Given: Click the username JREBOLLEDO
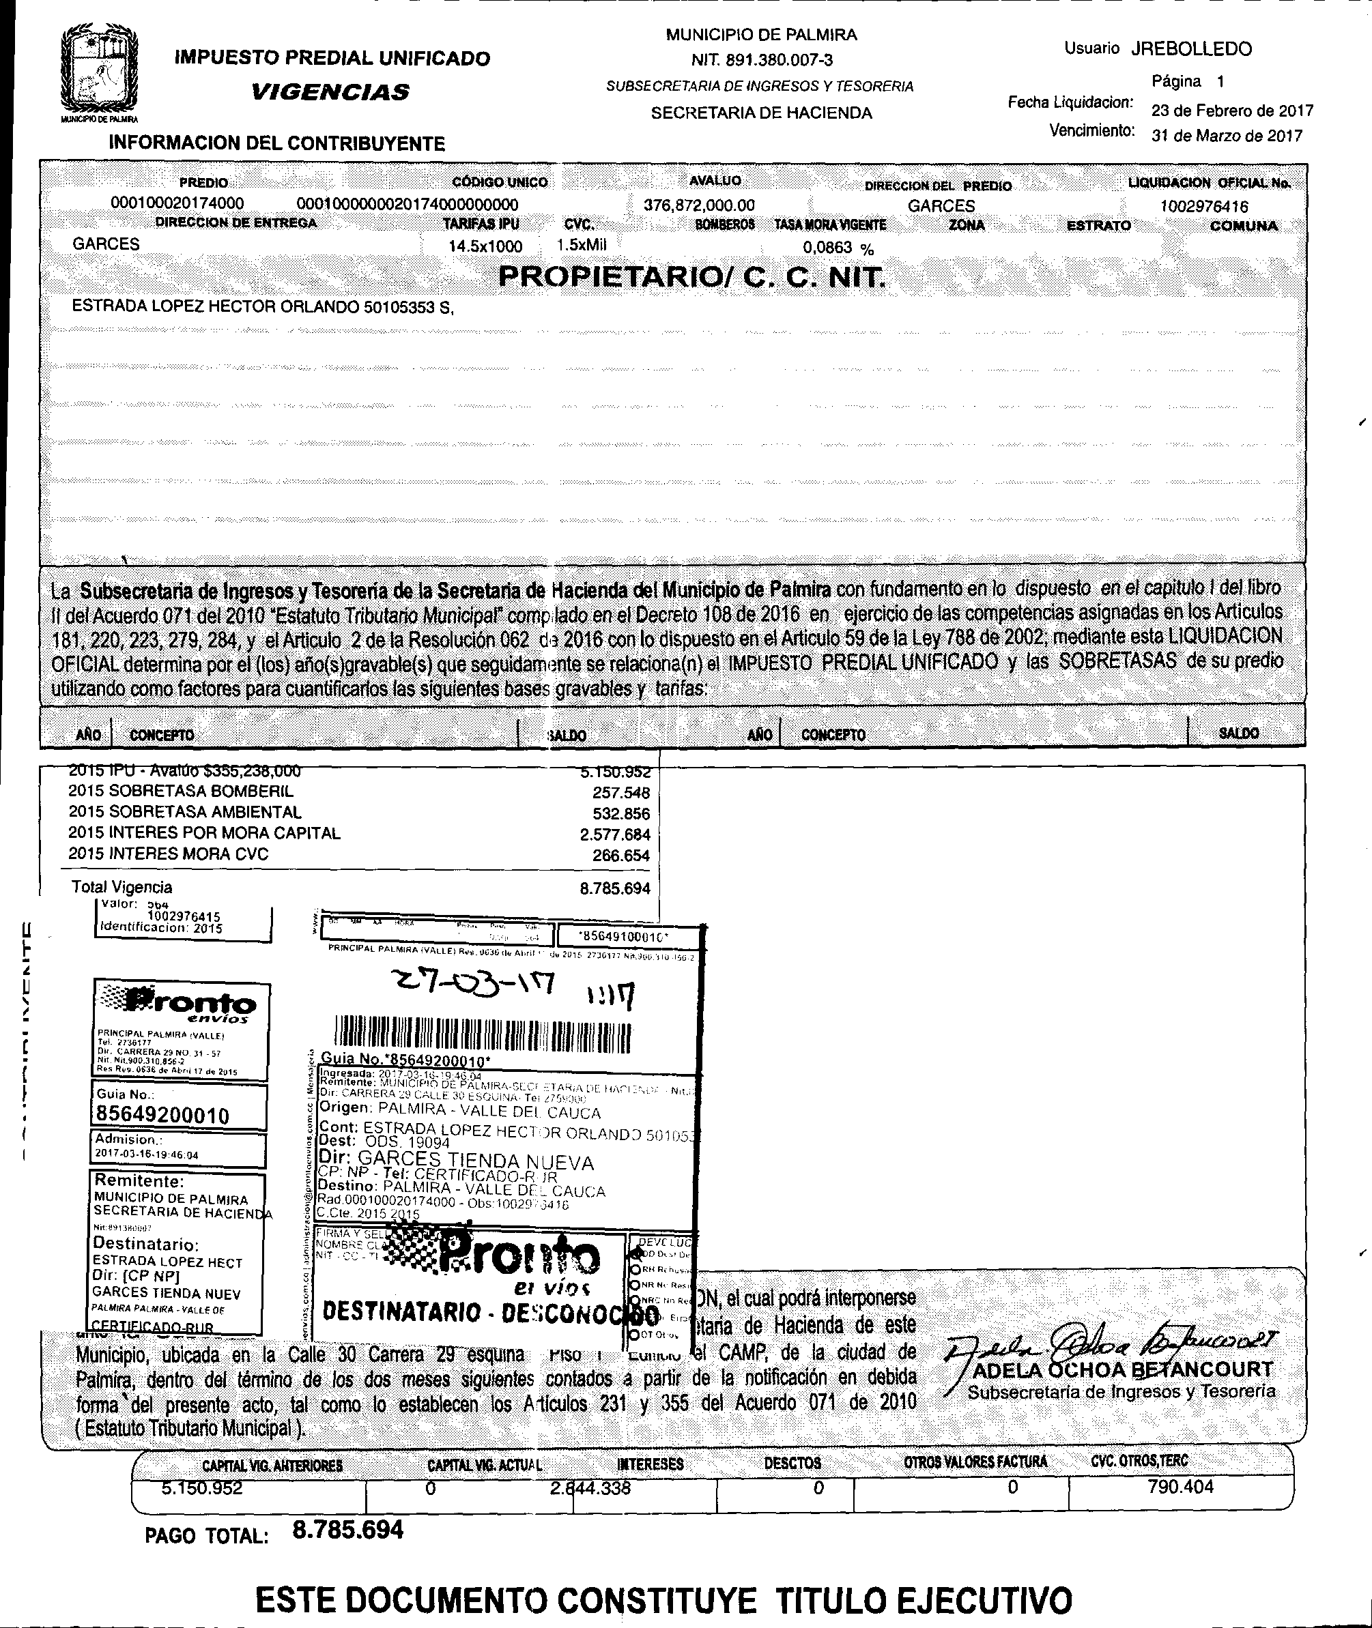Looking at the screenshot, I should (x=1191, y=49).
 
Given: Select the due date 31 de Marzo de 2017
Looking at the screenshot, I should (x=1227, y=136).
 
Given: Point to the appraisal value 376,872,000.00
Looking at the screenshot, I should (x=698, y=205).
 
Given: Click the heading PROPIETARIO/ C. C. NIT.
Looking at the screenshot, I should (x=691, y=277).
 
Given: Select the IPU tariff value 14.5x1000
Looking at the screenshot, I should (x=485, y=246).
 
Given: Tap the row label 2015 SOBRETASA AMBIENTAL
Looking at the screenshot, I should (x=184, y=813).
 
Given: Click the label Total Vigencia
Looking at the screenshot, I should (x=122, y=887).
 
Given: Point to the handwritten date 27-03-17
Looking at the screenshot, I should (x=474, y=987).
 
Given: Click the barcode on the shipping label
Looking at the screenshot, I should (x=482, y=1033).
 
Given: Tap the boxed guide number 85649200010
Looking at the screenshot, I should (x=162, y=1116).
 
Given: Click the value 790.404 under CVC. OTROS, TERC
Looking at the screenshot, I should (x=1180, y=1487).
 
